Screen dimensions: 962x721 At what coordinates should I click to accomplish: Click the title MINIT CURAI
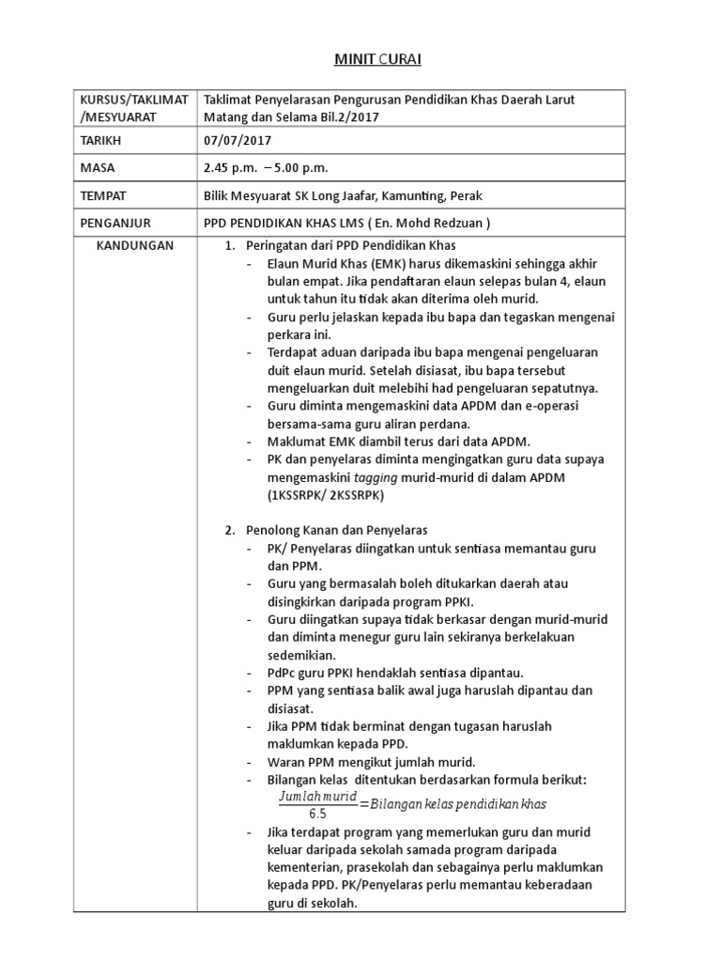(x=365, y=60)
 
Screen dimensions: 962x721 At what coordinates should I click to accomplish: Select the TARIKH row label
(x=101, y=141)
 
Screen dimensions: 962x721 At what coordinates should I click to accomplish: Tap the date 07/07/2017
(x=238, y=141)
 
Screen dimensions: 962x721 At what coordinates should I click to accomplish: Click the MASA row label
(x=98, y=168)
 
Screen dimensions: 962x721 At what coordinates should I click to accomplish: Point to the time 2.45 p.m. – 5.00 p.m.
(x=267, y=168)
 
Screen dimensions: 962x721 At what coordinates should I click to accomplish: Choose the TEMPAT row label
(x=103, y=195)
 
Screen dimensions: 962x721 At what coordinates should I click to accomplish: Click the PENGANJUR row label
(x=115, y=223)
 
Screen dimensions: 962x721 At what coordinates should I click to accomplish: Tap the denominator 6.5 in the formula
(x=316, y=814)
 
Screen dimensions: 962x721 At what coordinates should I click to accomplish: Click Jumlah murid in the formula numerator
(x=318, y=797)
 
